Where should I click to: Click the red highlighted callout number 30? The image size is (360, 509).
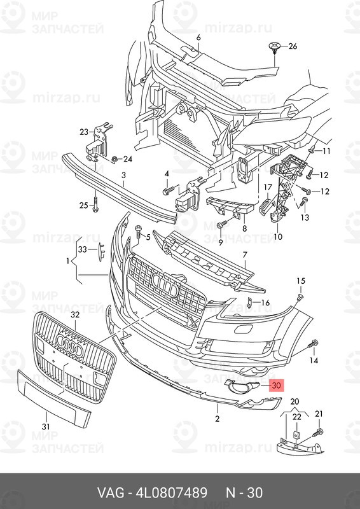tap(277, 386)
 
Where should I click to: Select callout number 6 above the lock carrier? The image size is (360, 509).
tap(198, 38)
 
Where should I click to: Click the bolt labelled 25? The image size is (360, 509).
tap(95, 205)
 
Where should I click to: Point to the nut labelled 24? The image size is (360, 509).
tap(114, 159)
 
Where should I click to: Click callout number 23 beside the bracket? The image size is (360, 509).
tap(84, 132)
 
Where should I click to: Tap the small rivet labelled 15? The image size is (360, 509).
tap(300, 296)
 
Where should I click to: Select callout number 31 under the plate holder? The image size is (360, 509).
tap(46, 426)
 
